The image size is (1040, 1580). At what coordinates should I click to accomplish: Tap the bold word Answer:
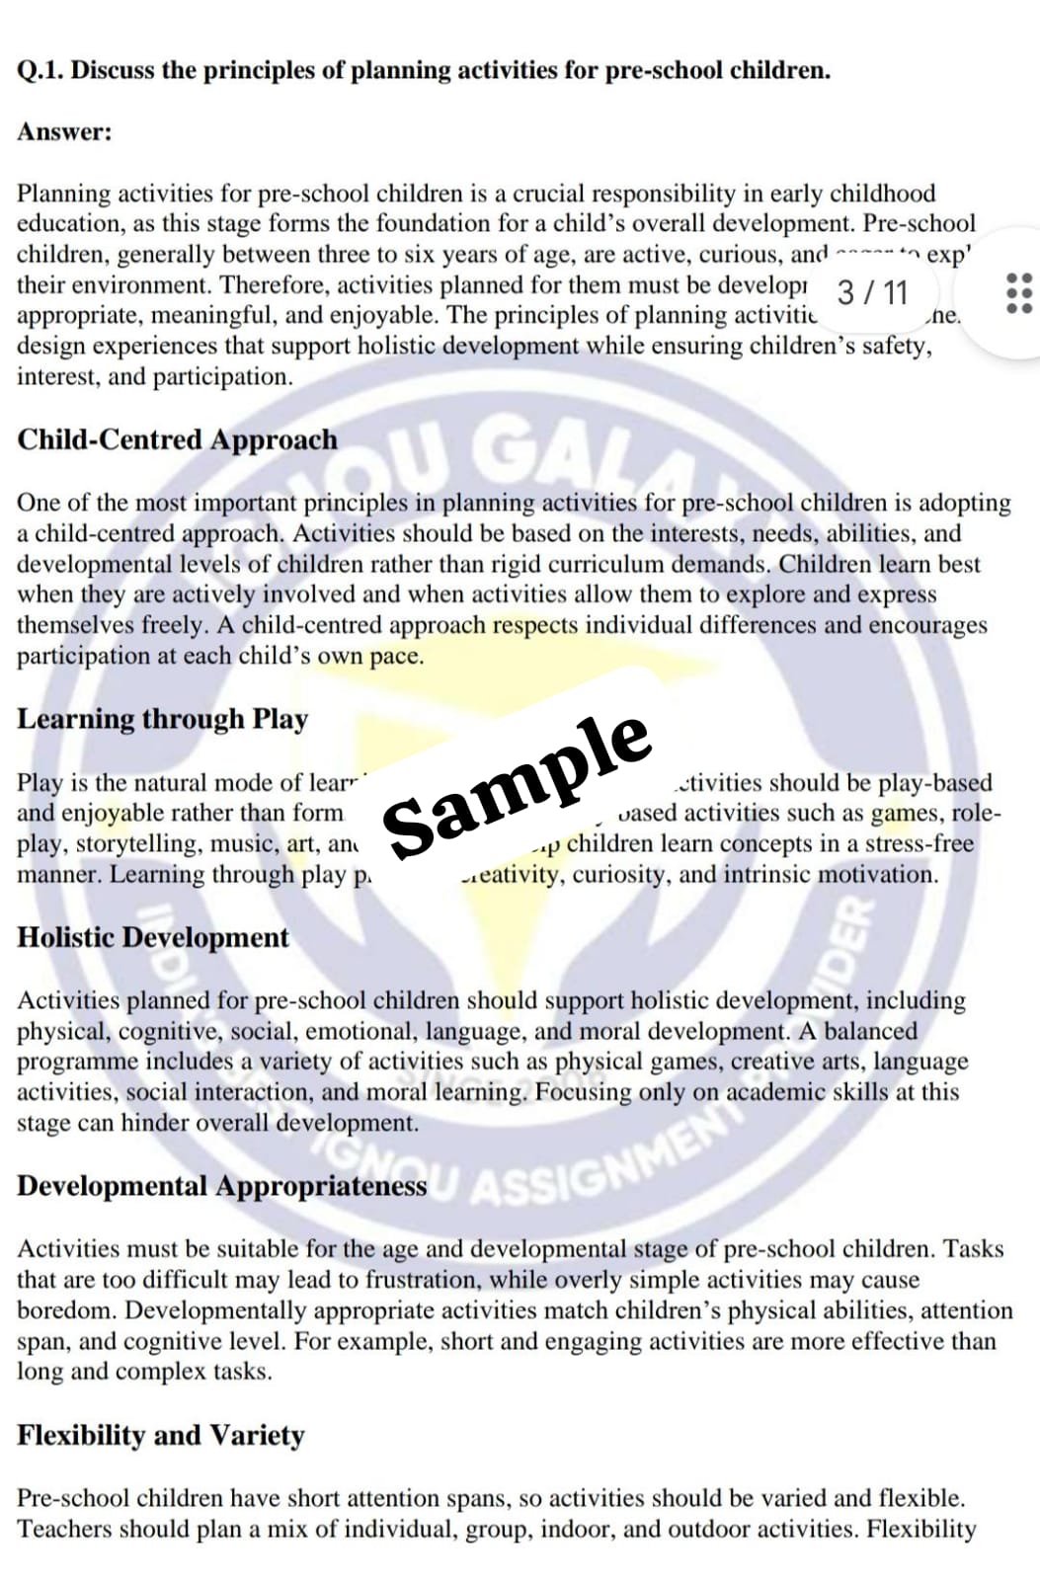[x=64, y=132]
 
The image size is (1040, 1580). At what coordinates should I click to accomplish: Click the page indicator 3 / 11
[x=872, y=292]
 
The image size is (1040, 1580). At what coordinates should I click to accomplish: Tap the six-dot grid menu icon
[x=1018, y=293]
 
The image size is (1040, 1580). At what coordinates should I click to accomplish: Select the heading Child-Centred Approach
[x=177, y=439]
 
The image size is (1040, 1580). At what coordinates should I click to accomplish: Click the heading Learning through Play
[x=162, y=719]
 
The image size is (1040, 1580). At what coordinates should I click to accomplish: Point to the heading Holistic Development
[x=153, y=937]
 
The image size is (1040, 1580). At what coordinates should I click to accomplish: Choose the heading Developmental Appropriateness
[x=222, y=1186]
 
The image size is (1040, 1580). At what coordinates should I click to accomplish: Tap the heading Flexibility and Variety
[x=160, y=1435]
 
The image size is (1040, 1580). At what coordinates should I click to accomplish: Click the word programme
[x=78, y=1062]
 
